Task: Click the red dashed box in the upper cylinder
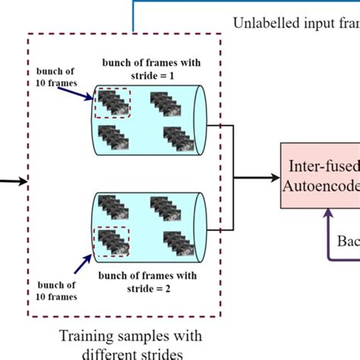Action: tap(112, 105)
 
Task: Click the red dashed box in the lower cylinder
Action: tap(112, 241)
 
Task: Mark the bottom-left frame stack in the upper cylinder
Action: tap(116, 140)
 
